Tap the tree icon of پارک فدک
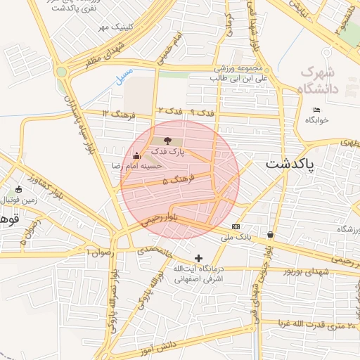[x=167, y=141]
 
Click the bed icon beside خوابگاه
[x=316, y=110]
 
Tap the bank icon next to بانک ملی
[x=236, y=226]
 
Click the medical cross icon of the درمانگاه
[x=199, y=259]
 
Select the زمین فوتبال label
[x=20, y=200]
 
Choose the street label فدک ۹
[x=202, y=112]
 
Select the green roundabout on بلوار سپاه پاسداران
[x=62, y=71]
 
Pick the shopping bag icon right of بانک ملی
[x=271, y=234]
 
